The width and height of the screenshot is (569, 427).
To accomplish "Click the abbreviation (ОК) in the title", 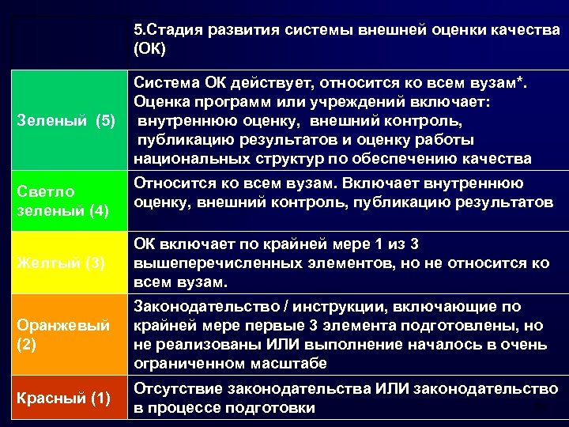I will click(151, 49).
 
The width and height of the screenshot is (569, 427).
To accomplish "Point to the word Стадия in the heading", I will click(172, 30).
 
